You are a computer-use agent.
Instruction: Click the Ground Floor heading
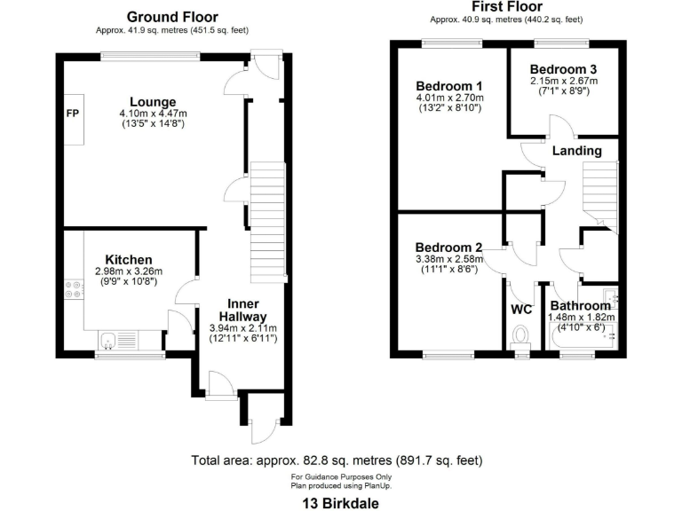point(172,17)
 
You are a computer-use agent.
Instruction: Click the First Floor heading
point(506,7)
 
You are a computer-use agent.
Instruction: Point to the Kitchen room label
point(129,259)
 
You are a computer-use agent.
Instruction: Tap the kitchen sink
point(108,338)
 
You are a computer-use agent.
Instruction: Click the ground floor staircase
point(268,222)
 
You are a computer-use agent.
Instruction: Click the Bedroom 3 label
point(563,69)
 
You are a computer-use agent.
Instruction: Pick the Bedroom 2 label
point(448,247)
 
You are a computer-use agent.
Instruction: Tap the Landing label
point(576,151)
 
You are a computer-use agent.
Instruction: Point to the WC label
point(521,310)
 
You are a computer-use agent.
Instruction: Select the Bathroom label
point(580,306)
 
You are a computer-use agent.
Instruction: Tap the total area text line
point(337,460)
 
